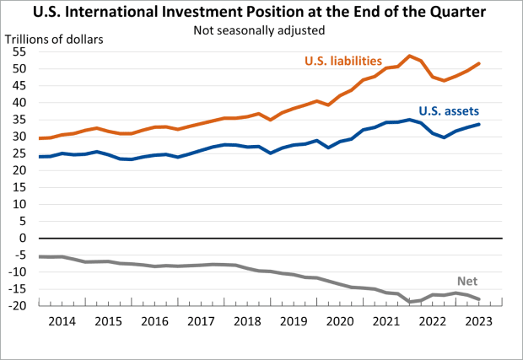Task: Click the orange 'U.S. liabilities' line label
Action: [x=342, y=61]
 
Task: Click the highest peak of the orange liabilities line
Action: [x=409, y=56]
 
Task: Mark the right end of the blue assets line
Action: [x=480, y=124]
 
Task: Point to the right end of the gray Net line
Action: [x=480, y=299]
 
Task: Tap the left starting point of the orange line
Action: [x=40, y=138]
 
